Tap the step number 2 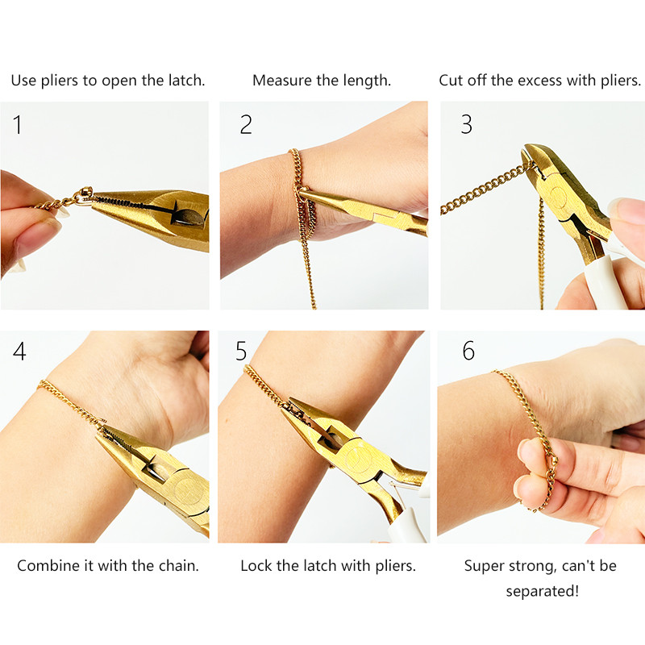click(246, 125)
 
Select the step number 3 click(466, 125)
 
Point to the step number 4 click(19, 352)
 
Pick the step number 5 click(242, 352)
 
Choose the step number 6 click(468, 352)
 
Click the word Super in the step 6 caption click(485, 566)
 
